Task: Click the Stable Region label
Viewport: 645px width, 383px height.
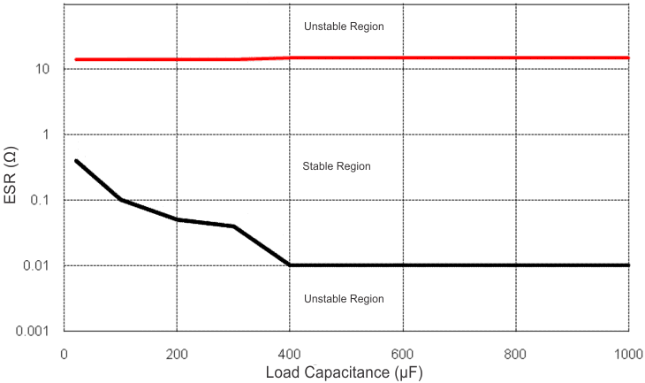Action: [x=336, y=166]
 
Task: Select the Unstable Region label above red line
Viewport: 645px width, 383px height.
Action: [x=344, y=27]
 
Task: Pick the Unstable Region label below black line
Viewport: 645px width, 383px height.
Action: [x=344, y=299]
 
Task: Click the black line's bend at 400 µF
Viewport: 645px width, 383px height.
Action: [x=290, y=264]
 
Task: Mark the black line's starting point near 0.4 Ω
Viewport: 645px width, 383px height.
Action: [x=76, y=161]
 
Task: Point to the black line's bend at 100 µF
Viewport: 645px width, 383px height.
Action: [x=120, y=200]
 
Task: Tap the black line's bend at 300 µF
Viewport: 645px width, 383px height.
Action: [x=233, y=226]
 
